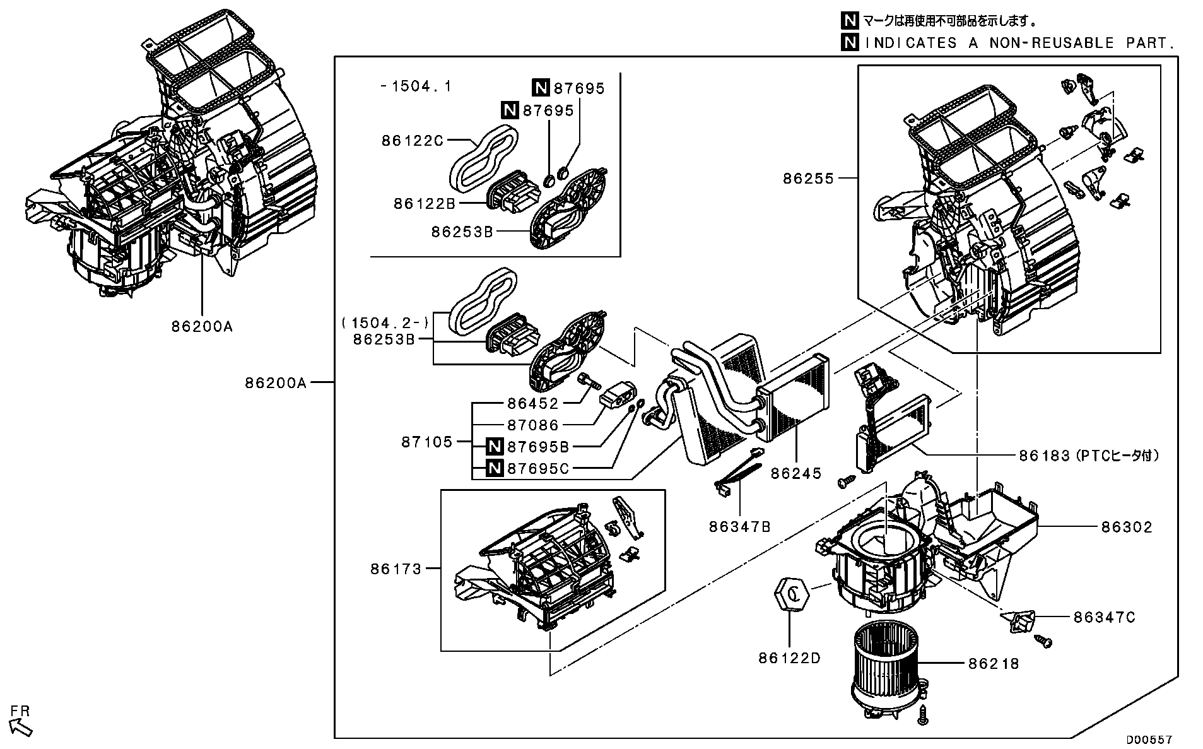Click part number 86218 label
click(x=994, y=663)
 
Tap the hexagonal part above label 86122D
click(x=791, y=593)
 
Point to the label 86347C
click(x=1105, y=617)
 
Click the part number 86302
click(x=1127, y=527)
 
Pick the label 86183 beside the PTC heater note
click(x=1044, y=456)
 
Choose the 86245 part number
click(x=796, y=473)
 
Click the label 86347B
click(x=739, y=527)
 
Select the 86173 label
click(x=396, y=569)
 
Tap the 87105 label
click(x=427, y=442)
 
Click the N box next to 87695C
click(x=495, y=468)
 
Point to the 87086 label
click(x=533, y=425)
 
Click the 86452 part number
click(x=533, y=404)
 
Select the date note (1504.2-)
click(x=385, y=323)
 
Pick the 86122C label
click(x=412, y=141)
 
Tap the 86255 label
click(x=809, y=179)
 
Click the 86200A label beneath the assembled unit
click(x=202, y=327)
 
